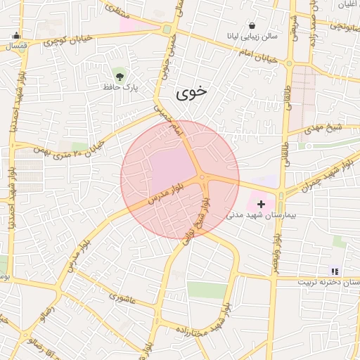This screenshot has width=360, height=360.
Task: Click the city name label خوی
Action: (192, 93)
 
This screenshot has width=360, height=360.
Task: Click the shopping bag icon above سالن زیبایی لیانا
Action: (252, 25)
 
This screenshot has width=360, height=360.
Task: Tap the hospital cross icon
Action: (262, 203)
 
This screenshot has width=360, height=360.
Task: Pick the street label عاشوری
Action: (118, 297)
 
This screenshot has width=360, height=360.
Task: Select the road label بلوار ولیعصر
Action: (276, 249)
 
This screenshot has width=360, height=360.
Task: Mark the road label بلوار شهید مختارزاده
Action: (205, 326)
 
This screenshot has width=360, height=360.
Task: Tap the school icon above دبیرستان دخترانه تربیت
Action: (335, 271)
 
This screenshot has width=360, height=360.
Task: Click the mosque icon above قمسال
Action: (15, 36)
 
